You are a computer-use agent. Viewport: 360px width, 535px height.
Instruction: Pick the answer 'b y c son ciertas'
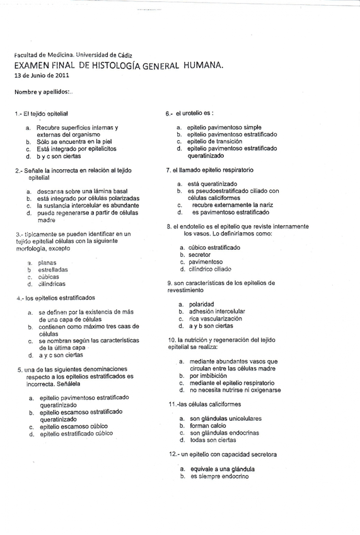click(x=59, y=156)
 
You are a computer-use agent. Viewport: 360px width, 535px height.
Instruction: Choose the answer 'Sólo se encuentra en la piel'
click(x=75, y=142)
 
